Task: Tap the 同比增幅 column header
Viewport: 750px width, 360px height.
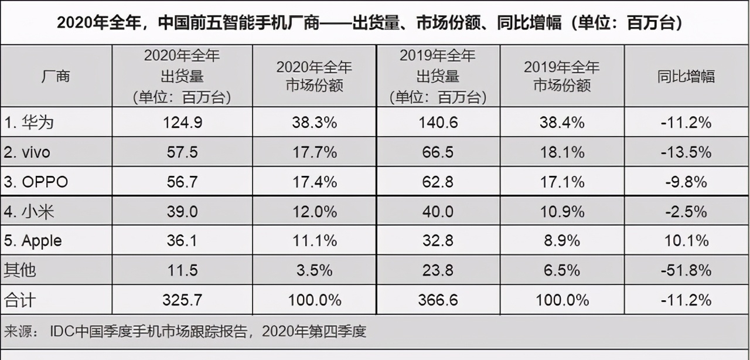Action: click(x=686, y=76)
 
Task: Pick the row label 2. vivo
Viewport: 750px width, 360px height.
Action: click(x=28, y=152)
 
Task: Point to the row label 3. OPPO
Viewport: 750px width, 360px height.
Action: click(x=36, y=182)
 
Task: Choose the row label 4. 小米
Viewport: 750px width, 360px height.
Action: click(x=30, y=212)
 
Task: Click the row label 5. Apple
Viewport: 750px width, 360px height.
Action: click(x=33, y=241)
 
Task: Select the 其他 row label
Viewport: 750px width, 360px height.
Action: click(x=20, y=270)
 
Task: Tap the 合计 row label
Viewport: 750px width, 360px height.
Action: click(x=20, y=300)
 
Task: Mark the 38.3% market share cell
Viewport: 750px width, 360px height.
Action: click(x=314, y=123)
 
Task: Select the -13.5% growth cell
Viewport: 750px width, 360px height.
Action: click(x=686, y=152)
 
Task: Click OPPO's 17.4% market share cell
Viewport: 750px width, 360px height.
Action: click(x=314, y=182)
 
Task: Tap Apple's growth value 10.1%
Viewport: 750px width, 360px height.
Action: click(x=686, y=241)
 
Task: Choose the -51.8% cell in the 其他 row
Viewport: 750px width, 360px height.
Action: click(x=686, y=270)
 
